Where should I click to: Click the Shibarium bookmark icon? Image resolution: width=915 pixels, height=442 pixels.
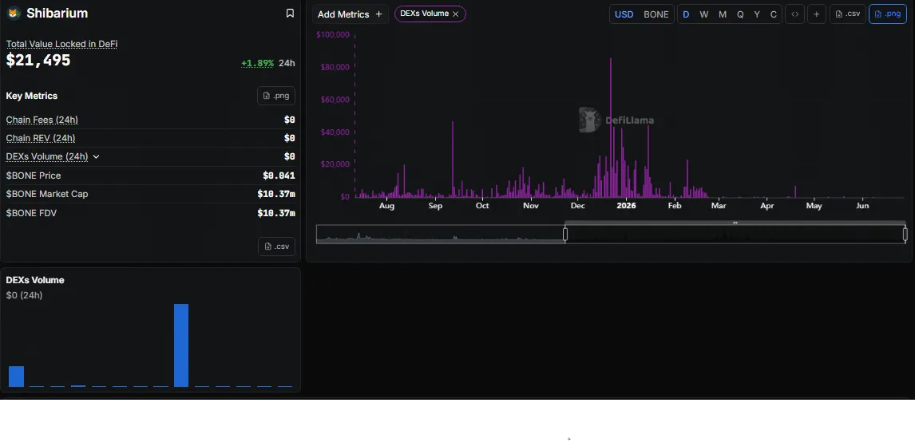coord(290,14)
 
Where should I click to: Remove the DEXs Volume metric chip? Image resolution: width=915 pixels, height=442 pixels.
coord(455,14)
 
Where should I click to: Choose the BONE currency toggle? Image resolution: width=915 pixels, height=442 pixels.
coord(656,14)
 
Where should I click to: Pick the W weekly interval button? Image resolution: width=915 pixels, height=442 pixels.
coord(703,14)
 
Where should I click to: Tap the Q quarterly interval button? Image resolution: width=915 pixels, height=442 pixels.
coord(740,14)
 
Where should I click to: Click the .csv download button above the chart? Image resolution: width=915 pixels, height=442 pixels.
coord(848,14)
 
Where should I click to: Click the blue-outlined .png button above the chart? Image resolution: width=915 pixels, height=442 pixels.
coord(888,14)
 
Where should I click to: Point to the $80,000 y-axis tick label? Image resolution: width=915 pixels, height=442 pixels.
coord(335,67)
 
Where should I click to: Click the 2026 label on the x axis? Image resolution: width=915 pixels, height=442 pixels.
coord(626,205)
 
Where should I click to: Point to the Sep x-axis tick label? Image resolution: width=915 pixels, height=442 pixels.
coord(435,205)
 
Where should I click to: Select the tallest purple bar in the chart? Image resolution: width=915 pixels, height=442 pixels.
coord(610,128)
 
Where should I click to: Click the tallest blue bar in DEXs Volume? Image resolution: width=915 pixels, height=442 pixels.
coord(181,345)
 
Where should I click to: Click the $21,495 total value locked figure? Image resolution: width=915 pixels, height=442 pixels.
coord(38,60)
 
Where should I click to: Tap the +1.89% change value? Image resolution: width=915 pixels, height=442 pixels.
coord(257,63)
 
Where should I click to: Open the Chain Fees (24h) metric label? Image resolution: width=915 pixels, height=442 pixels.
coord(42,120)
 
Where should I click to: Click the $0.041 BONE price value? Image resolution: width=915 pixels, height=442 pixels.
coord(279,176)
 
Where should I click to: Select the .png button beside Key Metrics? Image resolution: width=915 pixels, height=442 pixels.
coord(276,96)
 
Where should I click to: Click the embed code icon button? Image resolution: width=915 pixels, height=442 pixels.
coord(794,14)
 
